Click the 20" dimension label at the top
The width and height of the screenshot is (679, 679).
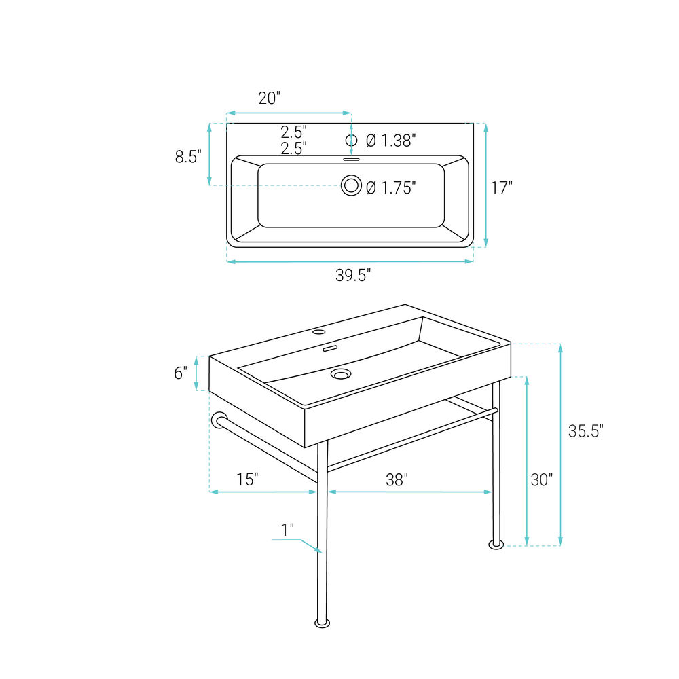pyautogui.click(x=270, y=98)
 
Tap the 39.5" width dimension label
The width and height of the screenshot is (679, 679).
pyautogui.click(x=353, y=275)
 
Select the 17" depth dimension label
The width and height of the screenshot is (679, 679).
pyautogui.click(x=502, y=187)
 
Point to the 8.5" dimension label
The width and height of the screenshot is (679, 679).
pyautogui.click(x=188, y=156)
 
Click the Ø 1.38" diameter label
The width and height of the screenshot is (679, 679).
pyautogui.click(x=391, y=141)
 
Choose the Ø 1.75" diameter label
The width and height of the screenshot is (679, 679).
pyautogui.click(x=391, y=187)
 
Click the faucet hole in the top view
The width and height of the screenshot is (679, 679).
pyautogui.click(x=351, y=140)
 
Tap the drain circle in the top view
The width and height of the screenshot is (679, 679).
pyautogui.click(x=351, y=185)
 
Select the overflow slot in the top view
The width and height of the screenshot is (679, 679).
pyautogui.click(x=351, y=160)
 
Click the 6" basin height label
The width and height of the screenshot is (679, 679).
pyautogui.click(x=181, y=373)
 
